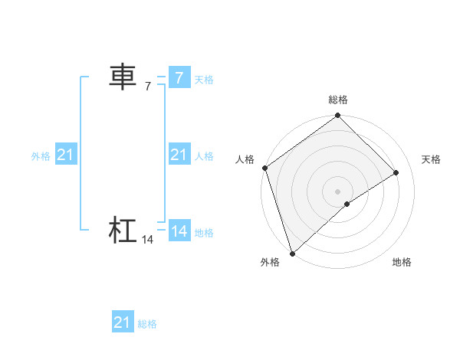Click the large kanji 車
(x=123, y=77)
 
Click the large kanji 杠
(x=123, y=231)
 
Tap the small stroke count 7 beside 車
(x=148, y=87)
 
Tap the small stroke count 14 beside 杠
(x=148, y=241)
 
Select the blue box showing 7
(x=179, y=77)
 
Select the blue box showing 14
(x=179, y=231)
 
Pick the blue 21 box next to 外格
(x=65, y=155)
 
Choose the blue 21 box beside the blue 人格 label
(x=179, y=155)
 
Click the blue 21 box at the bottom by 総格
(x=123, y=322)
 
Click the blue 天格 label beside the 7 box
(x=204, y=80)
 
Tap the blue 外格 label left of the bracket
(x=41, y=156)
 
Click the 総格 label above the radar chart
(x=338, y=100)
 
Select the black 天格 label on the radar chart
(x=432, y=159)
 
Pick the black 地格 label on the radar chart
(x=402, y=262)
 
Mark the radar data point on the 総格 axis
(x=338, y=116)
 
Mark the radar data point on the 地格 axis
(x=347, y=204)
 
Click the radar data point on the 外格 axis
(x=291, y=254)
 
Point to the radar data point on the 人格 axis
(x=264, y=168)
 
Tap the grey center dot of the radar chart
(x=337, y=191)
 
